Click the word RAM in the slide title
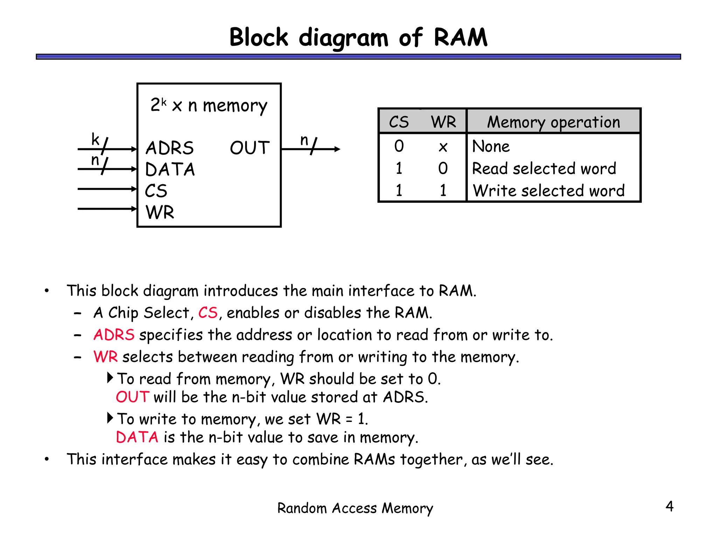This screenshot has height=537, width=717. pyautogui.click(x=460, y=37)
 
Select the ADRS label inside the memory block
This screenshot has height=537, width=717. pyautogui.click(x=169, y=148)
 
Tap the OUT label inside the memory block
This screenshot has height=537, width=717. pyautogui.click(x=250, y=148)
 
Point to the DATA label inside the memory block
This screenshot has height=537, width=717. pyautogui.click(x=170, y=169)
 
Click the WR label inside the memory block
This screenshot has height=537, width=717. pyautogui.click(x=160, y=212)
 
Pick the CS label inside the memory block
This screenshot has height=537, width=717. pyautogui.click(x=156, y=191)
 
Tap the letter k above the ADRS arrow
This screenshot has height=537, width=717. pyautogui.click(x=95, y=139)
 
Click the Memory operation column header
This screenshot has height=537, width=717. pyautogui.click(x=553, y=122)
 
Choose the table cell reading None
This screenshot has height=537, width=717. pyautogui.click(x=491, y=146)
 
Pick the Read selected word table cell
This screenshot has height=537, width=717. pyautogui.click(x=544, y=169)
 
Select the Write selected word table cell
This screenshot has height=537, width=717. pyautogui.click(x=548, y=191)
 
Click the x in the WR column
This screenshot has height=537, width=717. pyautogui.click(x=443, y=147)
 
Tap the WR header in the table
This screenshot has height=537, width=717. pyautogui.click(x=443, y=122)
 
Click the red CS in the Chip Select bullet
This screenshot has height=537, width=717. pyautogui.click(x=208, y=313)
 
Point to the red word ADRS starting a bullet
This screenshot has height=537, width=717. pyautogui.click(x=114, y=335)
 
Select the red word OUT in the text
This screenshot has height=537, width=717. pyautogui.click(x=132, y=397)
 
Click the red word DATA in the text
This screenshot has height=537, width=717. pyautogui.click(x=137, y=437)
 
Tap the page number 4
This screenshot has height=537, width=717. pyautogui.click(x=669, y=506)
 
